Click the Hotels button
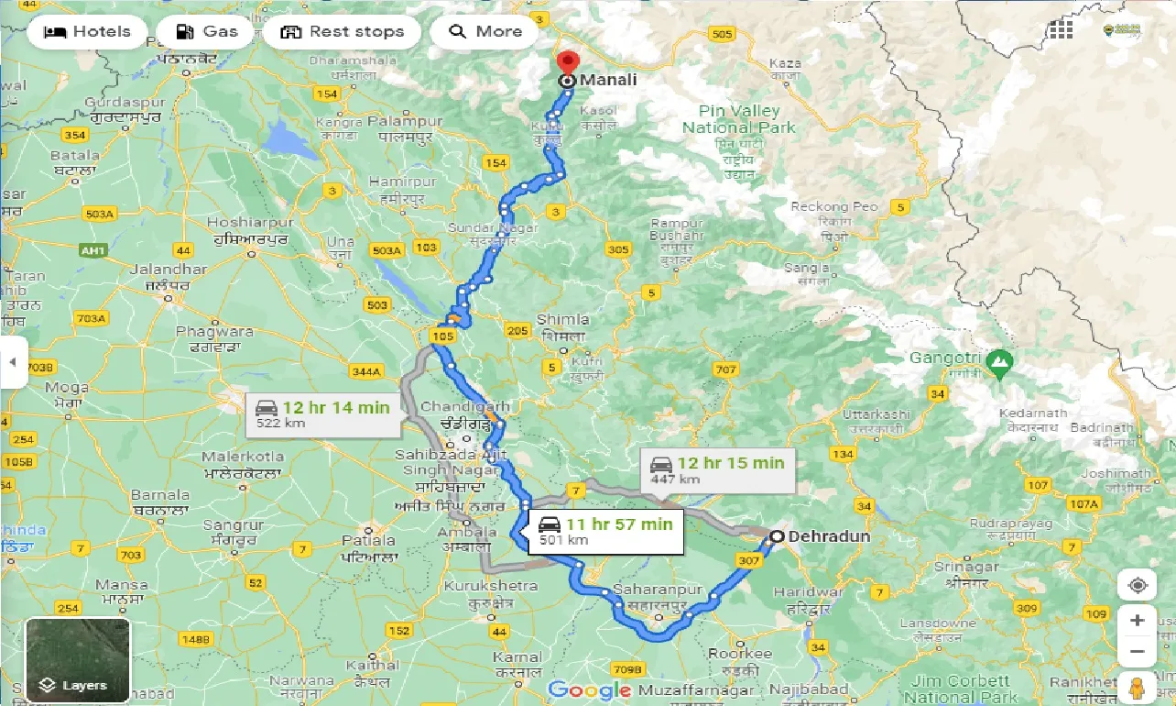click(x=87, y=32)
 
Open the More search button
click(x=485, y=32)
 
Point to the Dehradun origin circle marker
click(x=777, y=536)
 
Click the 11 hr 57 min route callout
click(x=605, y=531)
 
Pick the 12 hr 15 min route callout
click(x=717, y=469)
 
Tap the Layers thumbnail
click(x=77, y=659)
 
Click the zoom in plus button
click(x=1137, y=621)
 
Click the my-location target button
click(x=1137, y=585)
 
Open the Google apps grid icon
click(x=1061, y=30)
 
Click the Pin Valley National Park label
click(x=739, y=120)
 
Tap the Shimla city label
click(x=562, y=319)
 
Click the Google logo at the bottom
click(x=590, y=689)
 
